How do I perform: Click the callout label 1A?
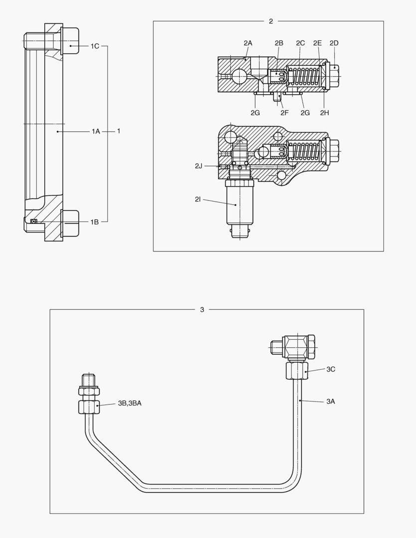click(x=96, y=131)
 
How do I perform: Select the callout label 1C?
click(x=95, y=46)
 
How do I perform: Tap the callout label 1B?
click(x=95, y=222)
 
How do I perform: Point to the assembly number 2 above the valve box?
click(x=271, y=21)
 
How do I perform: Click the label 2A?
click(x=248, y=43)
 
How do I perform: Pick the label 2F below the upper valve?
click(x=284, y=113)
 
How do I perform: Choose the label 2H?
click(x=324, y=113)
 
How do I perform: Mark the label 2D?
click(x=334, y=43)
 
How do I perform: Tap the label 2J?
click(x=199, y=166)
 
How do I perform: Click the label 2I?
click(x=198, y=199)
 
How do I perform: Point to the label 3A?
click(x=330, y=401)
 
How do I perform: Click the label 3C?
click(x=331, y=369)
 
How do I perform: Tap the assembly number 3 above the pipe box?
click(x=202, y=309)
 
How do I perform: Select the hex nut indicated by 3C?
click(x=297, y=371)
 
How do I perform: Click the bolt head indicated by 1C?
click(x=69, y=40)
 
